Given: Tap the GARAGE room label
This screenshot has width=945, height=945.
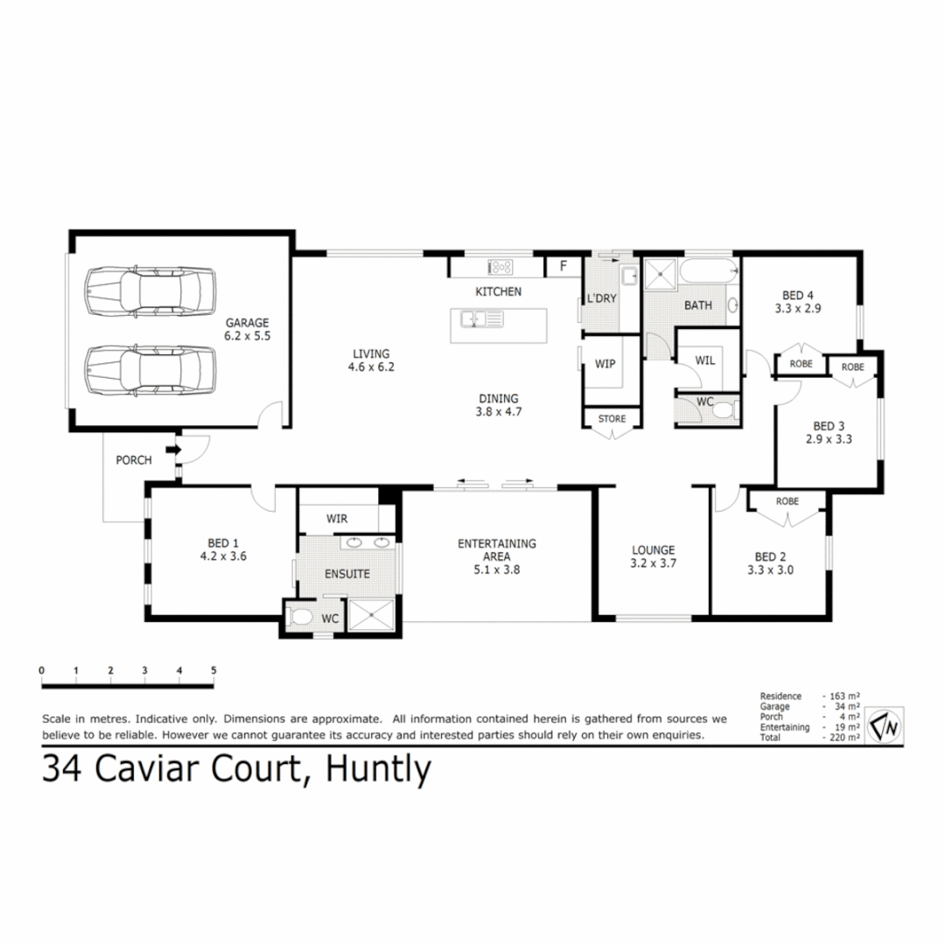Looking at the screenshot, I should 248,322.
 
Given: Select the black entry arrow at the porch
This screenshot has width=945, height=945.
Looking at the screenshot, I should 173,450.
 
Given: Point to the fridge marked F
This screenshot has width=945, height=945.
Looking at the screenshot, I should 563,266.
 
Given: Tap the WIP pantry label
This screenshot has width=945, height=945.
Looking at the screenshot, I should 605,363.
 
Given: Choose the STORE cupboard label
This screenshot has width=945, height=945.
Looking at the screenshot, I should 612,419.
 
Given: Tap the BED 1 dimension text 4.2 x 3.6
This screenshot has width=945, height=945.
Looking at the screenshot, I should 223,555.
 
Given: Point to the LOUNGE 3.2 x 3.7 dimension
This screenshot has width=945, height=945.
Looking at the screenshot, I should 654,564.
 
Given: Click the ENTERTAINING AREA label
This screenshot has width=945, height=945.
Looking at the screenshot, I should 497,549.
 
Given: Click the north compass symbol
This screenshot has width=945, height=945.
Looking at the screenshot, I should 885,725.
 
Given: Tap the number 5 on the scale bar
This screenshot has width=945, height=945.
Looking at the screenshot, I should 213,671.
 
